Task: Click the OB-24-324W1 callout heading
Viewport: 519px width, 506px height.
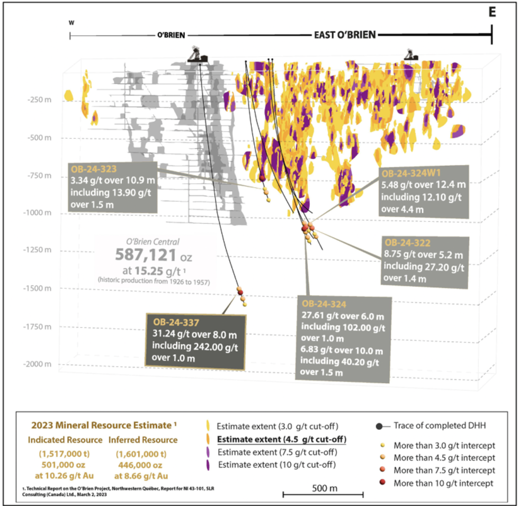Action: coord(416,173)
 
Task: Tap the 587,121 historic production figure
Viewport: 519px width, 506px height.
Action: coord(145,256)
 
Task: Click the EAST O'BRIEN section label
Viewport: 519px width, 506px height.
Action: coord(343,35)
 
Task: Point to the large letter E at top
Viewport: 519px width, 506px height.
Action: coord(492,13)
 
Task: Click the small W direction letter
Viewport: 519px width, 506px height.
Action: coord(70,23)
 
